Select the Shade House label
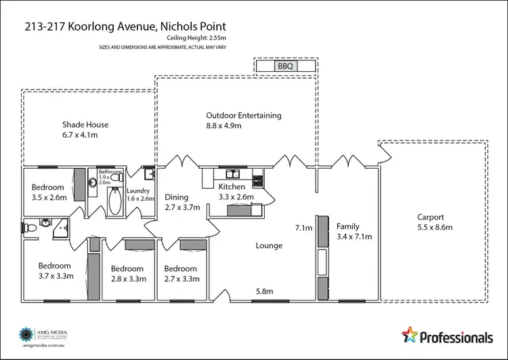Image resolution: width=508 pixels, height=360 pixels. [x=85, y=125]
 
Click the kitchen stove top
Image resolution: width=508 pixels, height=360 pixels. [x=257, y=180]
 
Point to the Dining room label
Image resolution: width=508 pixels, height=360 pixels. [x=177, y=197]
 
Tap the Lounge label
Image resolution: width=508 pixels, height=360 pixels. [x=269, y=245]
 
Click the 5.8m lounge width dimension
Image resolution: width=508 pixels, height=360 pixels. [x=265, y=292]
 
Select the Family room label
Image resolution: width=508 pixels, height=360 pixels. [x=347, y=226]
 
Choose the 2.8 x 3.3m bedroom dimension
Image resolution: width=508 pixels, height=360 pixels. [x=128, y=278]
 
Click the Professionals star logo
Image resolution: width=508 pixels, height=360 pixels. [x=411, y=334]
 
